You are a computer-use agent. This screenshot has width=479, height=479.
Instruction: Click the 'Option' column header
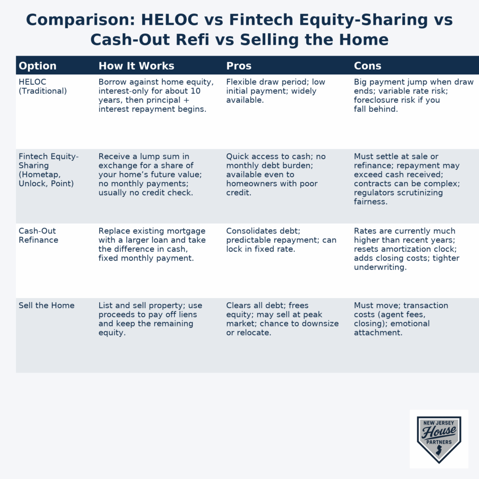37,65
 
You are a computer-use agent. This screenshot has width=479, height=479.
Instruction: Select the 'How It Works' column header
136,65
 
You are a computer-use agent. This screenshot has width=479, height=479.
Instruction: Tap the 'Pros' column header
239,65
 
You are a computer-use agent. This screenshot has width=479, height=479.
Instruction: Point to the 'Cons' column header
368,65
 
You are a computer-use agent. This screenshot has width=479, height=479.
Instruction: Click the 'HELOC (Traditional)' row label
43,87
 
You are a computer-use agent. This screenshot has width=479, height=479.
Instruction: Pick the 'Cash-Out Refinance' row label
38,236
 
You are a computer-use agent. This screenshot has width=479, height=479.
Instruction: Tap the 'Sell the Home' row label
46,305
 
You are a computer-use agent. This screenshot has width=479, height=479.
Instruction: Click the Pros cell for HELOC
276,91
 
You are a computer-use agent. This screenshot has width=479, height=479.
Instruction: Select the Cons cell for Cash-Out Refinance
406,249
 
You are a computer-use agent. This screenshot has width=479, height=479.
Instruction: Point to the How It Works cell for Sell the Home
150,319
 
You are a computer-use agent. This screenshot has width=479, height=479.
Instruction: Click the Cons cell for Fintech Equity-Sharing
406,179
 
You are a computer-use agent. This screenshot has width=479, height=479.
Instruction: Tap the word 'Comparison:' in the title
80,20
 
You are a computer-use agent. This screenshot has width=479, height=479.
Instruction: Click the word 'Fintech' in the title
261,20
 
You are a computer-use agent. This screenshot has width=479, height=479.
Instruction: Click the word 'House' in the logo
439,432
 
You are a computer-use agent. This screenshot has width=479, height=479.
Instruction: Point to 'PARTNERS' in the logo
439,442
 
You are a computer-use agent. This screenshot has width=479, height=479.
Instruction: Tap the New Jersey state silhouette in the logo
439,451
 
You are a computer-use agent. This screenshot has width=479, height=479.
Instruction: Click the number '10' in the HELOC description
196,91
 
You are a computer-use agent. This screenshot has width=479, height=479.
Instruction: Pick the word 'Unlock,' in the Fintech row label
33,183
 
